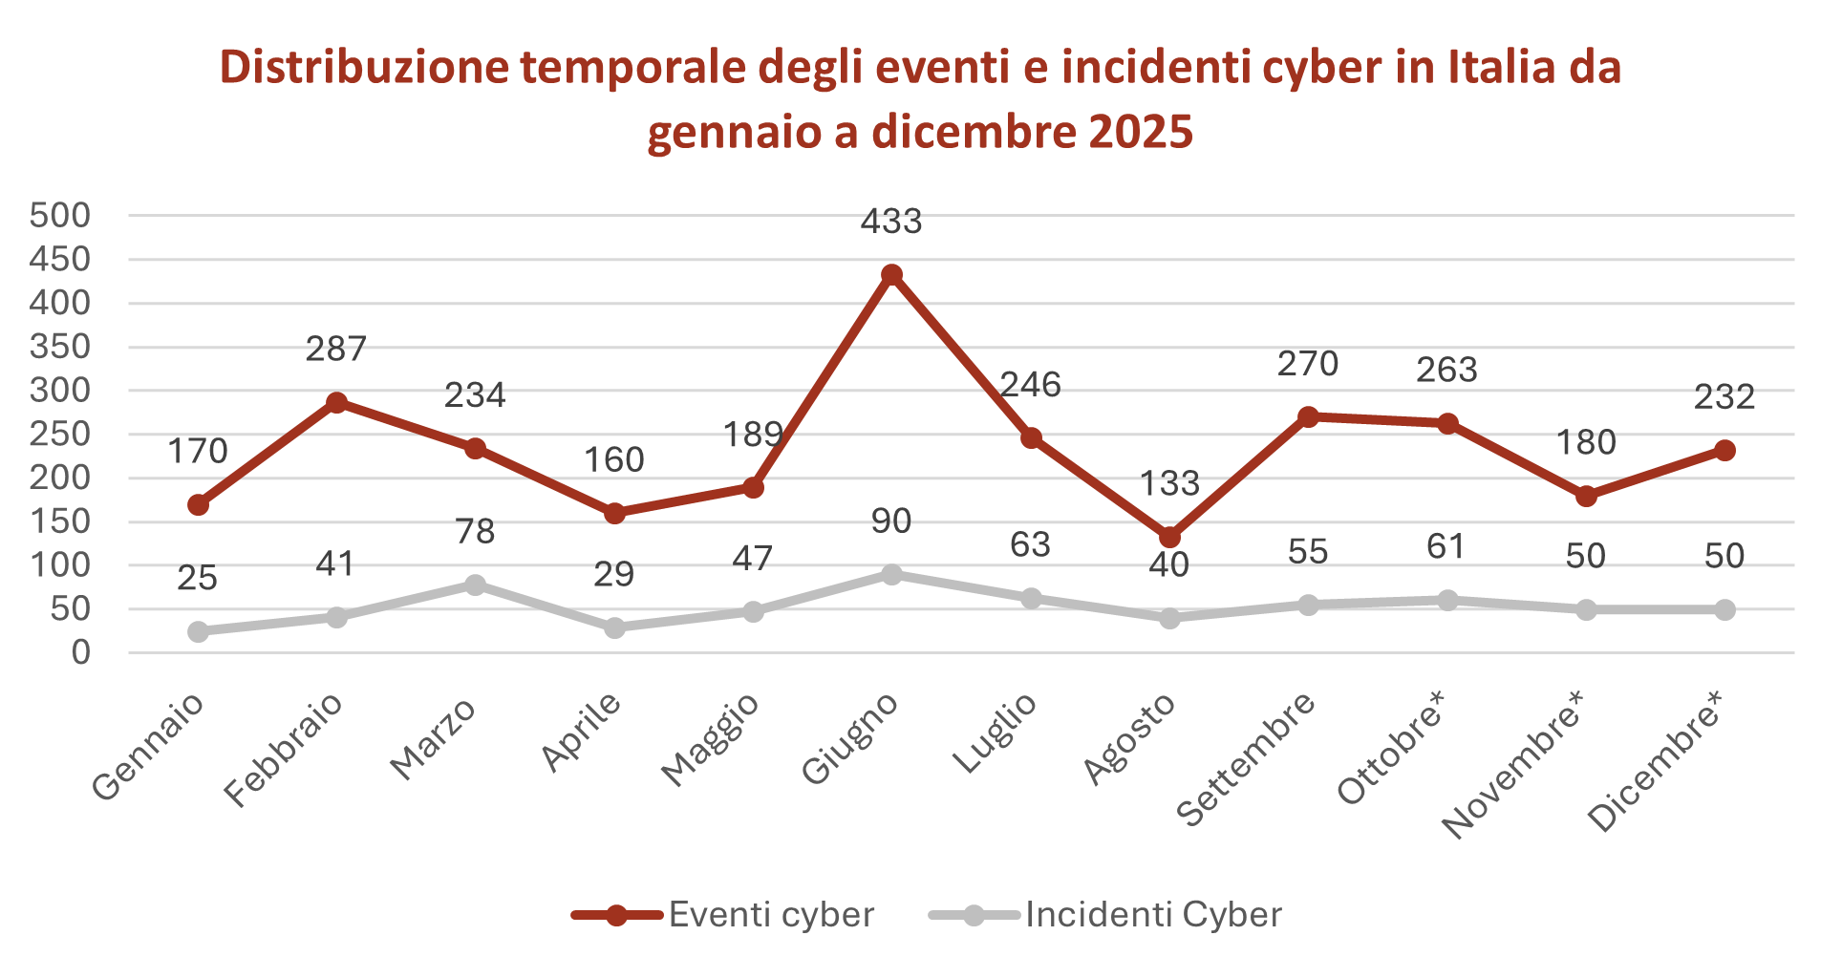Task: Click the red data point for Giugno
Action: pyautogui.click(x=891, y=275)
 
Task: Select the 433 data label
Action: pyautogui.click(x=891, y=222)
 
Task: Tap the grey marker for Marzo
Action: pyautogui.click(x=475, y=585)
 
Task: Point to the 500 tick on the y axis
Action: pyautogui.click(x=60, y=216)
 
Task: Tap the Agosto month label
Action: pyautogui.click(x=1130, y=739)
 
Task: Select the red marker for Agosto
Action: pyautogui.click(x=1169, y=538)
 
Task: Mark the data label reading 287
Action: pyautogui.click(x=336, y=350)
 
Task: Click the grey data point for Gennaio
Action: pyautogui.click(x=198, y=631)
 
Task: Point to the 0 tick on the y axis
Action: pyautogui.click(x=80, y=653)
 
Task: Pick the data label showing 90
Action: pyautogui.click(x=891, y=521)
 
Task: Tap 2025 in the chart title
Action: pyautogui.click(x=1141, y=132)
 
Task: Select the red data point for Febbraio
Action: pyautogui.click(x=336, y=402)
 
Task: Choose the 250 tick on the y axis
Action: pyautogui.click(x=60, y=435)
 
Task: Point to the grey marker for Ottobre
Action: pyautogui.click(x=1447, y=600)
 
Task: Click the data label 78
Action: pyautogui.click(x=475, y=532)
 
